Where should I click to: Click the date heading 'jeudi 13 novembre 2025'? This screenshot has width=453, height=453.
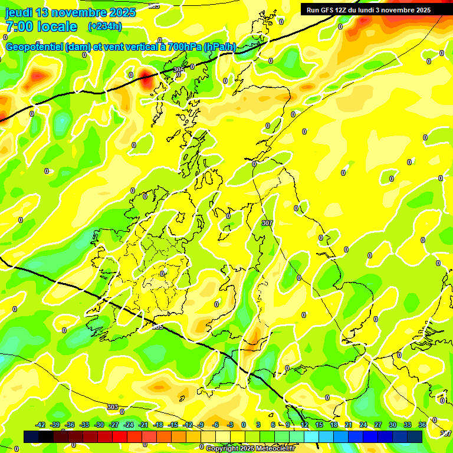click(70, 12)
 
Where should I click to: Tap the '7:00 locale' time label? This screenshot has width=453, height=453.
click(41, 27)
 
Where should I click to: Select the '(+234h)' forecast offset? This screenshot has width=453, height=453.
click(105, 27)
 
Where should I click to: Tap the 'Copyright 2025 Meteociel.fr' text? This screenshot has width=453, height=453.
click(250, 448)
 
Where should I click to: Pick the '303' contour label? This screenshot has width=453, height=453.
click(113, 407)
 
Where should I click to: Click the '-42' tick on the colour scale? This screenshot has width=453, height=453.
click(41, 425)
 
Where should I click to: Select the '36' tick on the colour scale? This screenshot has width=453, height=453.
click(422, 425)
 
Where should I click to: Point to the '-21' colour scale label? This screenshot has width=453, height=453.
click(143, 425)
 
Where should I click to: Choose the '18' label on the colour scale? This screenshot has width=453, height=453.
click(334, 425)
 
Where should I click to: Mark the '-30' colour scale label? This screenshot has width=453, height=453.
click(99, 425)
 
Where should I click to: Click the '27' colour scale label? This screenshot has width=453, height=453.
click(378, 425)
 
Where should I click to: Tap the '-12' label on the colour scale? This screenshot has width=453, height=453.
click(188, 425)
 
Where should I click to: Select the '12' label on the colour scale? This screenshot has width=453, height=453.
click(304, 425)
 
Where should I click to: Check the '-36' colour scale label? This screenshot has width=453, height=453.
click(70, 425)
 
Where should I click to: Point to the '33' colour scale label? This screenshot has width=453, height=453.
click(408, 425)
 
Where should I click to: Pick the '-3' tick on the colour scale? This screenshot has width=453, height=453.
click(231, 425)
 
